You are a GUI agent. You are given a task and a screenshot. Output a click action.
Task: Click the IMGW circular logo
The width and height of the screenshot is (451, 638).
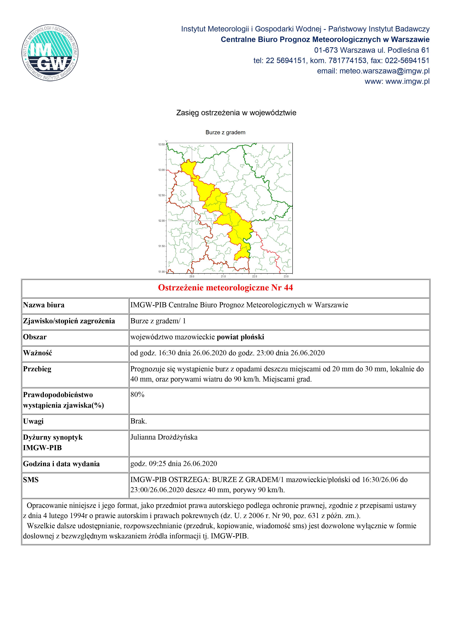[50, 53]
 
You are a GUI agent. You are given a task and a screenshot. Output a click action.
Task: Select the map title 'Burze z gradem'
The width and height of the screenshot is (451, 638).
[225, 133]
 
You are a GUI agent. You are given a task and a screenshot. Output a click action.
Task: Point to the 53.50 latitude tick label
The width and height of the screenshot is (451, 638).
[161, 145]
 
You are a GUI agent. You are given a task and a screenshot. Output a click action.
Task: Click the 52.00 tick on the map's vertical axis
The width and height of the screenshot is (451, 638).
[161, 221]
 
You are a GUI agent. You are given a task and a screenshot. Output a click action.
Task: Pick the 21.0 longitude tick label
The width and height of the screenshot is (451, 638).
[223, 277]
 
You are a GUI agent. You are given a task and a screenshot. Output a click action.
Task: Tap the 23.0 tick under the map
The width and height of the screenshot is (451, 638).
[286, 277]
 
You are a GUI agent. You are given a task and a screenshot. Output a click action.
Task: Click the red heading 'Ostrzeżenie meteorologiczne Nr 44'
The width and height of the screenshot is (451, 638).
[225, 288]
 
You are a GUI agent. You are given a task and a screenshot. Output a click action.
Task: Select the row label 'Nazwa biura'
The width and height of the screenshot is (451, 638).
[44, 305]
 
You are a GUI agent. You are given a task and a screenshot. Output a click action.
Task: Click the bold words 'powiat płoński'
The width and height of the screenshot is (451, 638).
[240, 337]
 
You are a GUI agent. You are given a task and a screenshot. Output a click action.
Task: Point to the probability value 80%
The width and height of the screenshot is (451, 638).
[137, 395]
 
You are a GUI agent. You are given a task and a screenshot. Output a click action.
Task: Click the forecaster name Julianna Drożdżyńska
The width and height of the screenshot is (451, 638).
[164, 437]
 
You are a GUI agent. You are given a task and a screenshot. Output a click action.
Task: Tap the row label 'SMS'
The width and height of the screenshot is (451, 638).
[31, 480]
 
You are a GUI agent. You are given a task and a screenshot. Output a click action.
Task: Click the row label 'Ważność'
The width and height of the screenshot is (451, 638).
[37, 353]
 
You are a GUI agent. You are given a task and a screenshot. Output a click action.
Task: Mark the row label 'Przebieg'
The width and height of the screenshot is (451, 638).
[37, 369]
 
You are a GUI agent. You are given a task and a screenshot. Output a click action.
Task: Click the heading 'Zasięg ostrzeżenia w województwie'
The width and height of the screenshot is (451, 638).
[236, 113]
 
